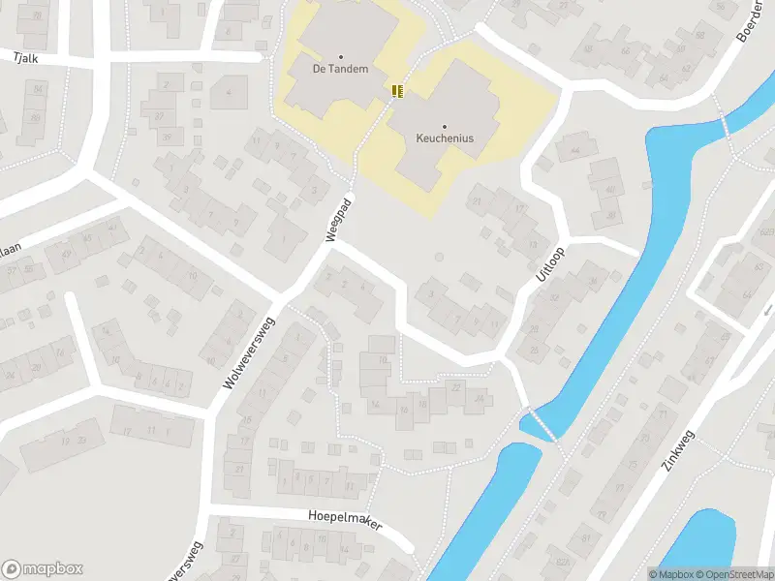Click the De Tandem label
[x=340, y=69]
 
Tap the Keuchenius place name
[x=445, y=138]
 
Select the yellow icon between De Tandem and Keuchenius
[x=396, y=91]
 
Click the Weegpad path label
[x=337, y=223]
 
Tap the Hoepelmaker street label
[x=346, y=520]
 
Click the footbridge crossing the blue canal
[x=541, y=424]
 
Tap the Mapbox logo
[x=42, y=569]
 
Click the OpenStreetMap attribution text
[x=733, y=574]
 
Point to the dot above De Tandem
[x=340, y=56]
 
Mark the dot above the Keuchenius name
[x=445, y=126]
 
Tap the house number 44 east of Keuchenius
[x=575, y=150]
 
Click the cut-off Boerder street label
[x=750, y=24]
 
